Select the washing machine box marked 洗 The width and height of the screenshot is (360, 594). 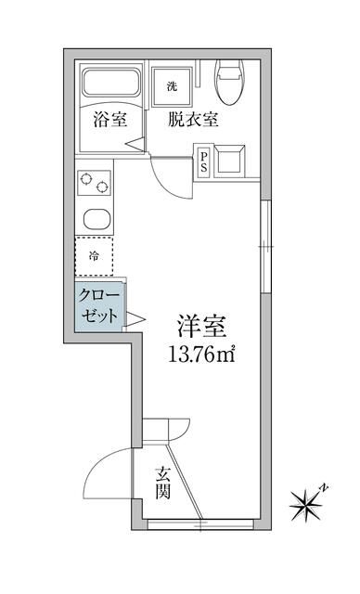tap(172, 86)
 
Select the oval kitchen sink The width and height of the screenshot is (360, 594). tap(95, 219)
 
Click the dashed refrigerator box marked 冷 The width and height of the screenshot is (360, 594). tap(94, 256)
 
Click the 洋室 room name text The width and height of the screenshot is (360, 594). tap(202, 327)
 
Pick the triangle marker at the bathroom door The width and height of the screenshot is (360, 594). tap(136, 144)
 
